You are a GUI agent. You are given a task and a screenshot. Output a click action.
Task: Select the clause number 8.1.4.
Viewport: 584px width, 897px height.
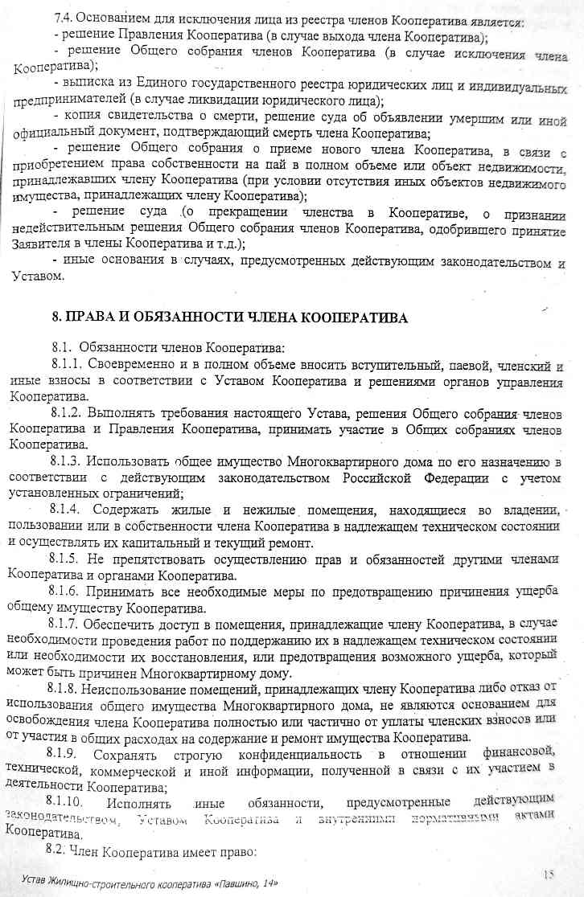[68, 510]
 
